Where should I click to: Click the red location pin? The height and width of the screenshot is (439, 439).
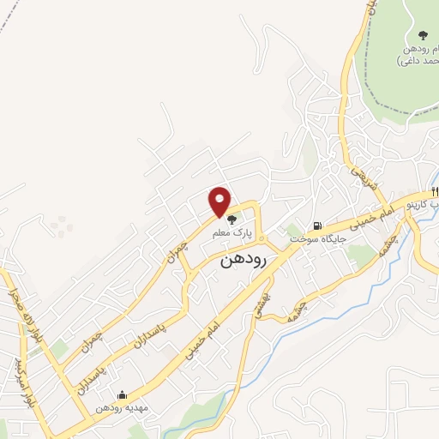[220, 200]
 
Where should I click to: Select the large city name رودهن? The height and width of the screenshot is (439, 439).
[244, 259]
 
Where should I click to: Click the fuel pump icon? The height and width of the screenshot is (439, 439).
[318, 226]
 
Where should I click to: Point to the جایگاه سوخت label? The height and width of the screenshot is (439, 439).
[320, 240]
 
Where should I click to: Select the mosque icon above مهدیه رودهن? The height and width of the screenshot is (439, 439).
[122, 395]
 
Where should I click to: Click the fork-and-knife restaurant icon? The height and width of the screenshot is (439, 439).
[435, 190]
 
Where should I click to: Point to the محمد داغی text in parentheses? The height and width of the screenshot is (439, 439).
[411, 75]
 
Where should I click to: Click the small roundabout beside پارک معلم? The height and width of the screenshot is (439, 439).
[263, 239]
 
